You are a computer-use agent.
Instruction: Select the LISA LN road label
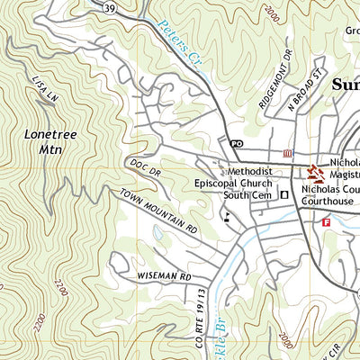39,88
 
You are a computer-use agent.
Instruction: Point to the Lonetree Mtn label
42,140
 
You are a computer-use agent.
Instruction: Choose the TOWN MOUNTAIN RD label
158,213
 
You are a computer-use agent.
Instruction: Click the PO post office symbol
236,144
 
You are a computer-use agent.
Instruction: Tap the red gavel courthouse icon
315,170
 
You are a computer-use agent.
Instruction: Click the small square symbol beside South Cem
283,193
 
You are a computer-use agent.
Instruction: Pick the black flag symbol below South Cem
227,216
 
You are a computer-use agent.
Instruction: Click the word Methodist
249,170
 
